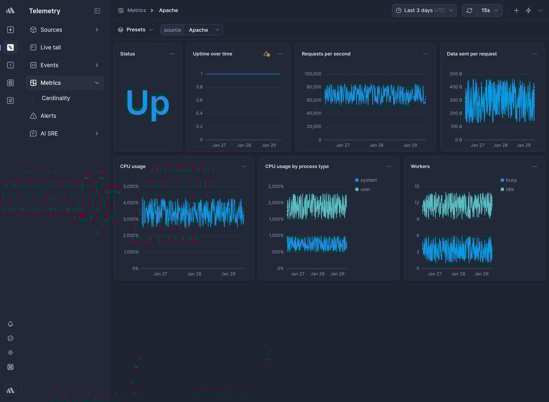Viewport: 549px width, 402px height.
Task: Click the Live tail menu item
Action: [x=50, y=47]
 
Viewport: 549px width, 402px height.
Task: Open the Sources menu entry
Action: [x=51, y=30]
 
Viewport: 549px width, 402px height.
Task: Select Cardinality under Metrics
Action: [x=56, y=98]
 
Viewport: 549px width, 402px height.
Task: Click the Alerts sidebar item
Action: [x=48, y=116]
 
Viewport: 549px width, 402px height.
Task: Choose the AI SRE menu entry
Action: [x=49, y=133]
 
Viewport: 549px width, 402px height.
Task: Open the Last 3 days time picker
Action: [x=424, y=10]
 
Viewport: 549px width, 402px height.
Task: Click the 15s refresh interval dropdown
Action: [x=489, y=10]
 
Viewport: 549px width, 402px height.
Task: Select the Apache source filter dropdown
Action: [x=203, y=30]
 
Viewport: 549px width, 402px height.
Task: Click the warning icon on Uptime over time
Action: [x=266, y=54]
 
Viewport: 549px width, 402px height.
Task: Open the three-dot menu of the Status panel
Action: [x=171, y=54]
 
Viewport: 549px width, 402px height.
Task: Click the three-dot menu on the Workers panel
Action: [x=534, y=166]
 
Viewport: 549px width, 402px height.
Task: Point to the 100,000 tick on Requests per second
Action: [x=313, y=74]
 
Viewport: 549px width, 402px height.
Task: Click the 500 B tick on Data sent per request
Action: [x=456, y=74]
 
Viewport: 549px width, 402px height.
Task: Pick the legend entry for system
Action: [x=368, y=180]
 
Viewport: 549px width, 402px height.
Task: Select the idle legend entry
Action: [x=510, y=189]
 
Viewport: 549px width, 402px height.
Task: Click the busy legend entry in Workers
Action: [x=511, y=180]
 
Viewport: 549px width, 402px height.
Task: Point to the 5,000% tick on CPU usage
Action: [x=131, y=186]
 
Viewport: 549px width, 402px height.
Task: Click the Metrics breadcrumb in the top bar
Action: [x=136, y=10]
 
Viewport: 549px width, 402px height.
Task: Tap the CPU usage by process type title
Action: [x=297, y=166]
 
